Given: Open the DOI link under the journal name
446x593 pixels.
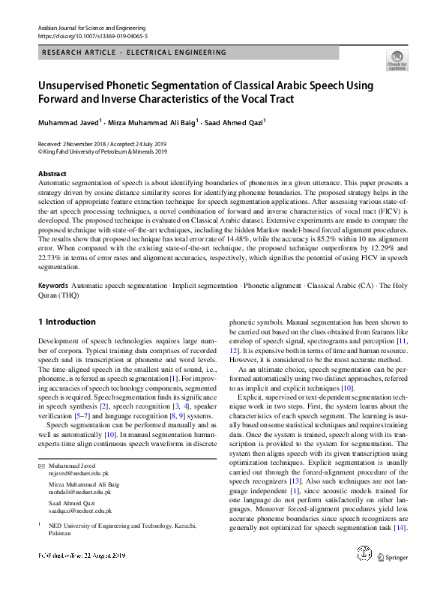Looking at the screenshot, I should [82, 34].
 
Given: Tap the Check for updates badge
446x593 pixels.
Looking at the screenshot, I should [397, 59].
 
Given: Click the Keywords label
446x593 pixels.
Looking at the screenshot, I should [53, 286].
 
